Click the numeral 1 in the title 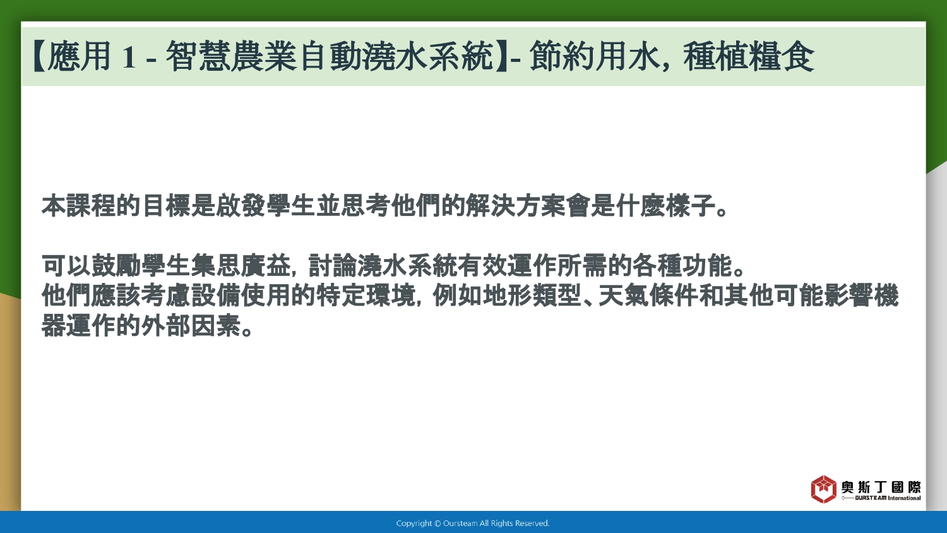(x=129, y=57)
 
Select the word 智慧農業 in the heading (x=230, y=56)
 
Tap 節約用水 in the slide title (x=595, y=56)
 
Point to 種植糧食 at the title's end (x=749, y=56)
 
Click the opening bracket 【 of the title (x=39, y=56)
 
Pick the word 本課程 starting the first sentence (x=79, y=206)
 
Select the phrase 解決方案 (x=515, y=206)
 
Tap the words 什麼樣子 (x=665, y=206)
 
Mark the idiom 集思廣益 (x=241, y=266)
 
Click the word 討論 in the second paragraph (x=333, y=266)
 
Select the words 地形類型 (x=532, y=296)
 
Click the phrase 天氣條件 (x=648, y=296)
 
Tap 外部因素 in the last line (x=191, y=325)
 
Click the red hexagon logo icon (x=823, y=489)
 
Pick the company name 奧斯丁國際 (x=881, y=487)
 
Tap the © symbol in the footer (x=438, y=524)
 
